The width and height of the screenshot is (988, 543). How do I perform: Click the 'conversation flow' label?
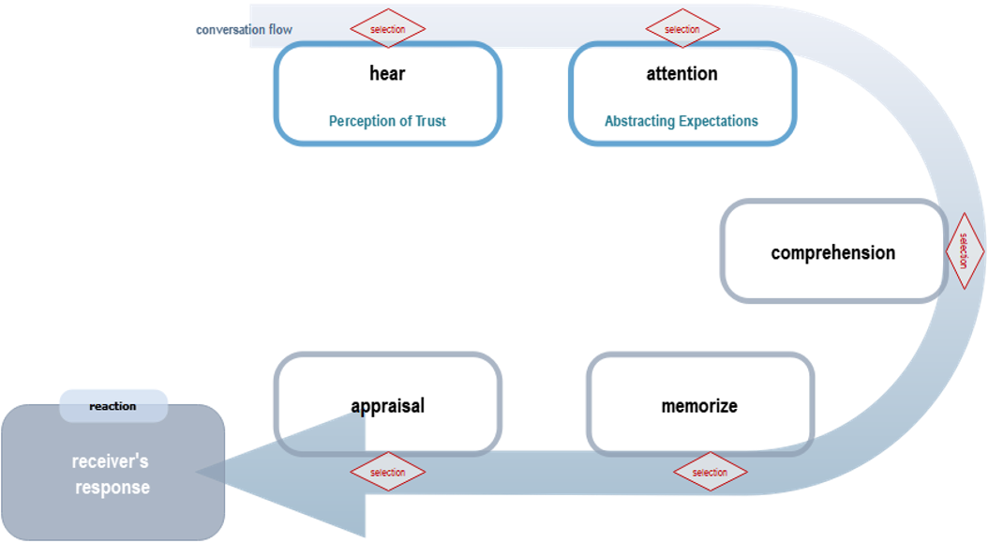click(244, 30)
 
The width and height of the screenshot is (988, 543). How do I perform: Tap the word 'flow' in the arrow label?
click(280, 30)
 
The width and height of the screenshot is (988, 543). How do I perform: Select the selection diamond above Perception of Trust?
click(387, 29)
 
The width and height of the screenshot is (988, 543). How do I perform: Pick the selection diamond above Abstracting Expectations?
click(682, 29)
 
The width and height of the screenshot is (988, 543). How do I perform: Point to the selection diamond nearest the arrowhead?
click(387, 472)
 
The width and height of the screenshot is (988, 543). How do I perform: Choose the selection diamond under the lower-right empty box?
click(710, 472)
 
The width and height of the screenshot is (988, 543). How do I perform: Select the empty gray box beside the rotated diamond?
click(833, 250)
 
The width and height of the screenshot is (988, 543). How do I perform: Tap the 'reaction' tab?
click(113, 406)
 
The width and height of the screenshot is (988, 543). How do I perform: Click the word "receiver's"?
click(111, 461)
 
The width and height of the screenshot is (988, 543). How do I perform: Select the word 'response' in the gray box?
click(112, 488)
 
